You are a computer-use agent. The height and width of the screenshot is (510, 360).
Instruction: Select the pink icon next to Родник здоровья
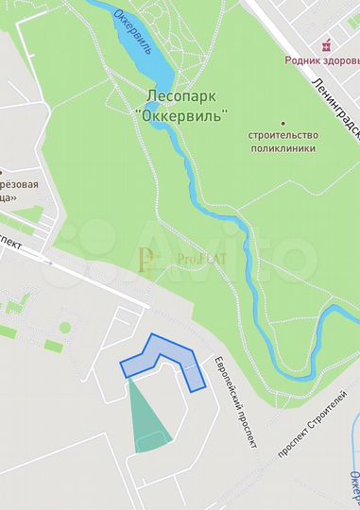[327, 44]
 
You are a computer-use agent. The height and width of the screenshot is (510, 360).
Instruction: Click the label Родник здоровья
[322, 59]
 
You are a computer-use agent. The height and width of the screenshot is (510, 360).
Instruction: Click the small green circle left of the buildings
[65, 328]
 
